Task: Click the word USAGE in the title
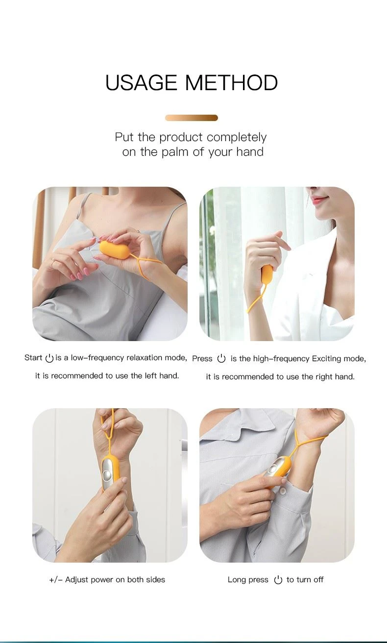pyautogui.click(x=141, y=83)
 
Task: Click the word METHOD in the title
pyautogui.click(x=232, y=83)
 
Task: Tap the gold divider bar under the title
pyautogui.click(x=192, y=118)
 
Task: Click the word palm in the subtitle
pyautogui.click(x=175, y=152)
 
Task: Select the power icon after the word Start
pyautogui.click(x=49, y=358)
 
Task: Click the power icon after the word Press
pyautogui.click(x=221, y=359)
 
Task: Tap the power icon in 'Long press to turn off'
pyautogui.click(x=278, y=580)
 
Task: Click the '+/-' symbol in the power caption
pyautogui.click(x=56, y=580)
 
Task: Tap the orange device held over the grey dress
pyautogui.click(x=115, y=250)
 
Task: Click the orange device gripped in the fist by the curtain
pyautogui.click(x=266, y=275)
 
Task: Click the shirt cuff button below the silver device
pyautogui.click(x=283, y=492)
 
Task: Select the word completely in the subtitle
pyautogui.click(x=237, y=138)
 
